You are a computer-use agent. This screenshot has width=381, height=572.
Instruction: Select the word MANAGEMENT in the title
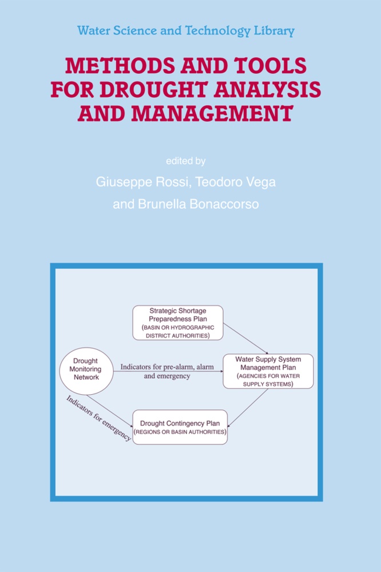pos(212,113)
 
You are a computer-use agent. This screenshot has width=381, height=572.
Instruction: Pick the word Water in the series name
pos(93,31)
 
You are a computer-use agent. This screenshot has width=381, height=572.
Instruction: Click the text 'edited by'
pos(186,161)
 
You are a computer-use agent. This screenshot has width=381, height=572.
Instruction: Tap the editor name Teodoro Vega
pos(235,182)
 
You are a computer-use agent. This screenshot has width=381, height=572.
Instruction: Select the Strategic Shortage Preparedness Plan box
pos(178,323)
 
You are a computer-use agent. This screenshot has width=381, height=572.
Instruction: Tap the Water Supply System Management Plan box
pos(268,371)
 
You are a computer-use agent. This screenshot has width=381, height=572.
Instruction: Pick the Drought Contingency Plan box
pos(180,427)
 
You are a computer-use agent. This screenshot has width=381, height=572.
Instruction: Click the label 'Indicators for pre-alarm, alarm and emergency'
pos(167,371)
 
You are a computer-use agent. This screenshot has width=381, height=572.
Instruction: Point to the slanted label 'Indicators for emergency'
pos(98,418)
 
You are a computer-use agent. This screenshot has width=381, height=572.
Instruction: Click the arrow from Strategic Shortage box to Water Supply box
pos(245,338)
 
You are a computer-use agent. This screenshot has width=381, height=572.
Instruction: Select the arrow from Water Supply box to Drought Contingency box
pos(248,408)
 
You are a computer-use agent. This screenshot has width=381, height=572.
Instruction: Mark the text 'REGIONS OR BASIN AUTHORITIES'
pos(180,432)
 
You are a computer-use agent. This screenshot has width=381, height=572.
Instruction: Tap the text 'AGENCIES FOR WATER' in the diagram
pos(268,376)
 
